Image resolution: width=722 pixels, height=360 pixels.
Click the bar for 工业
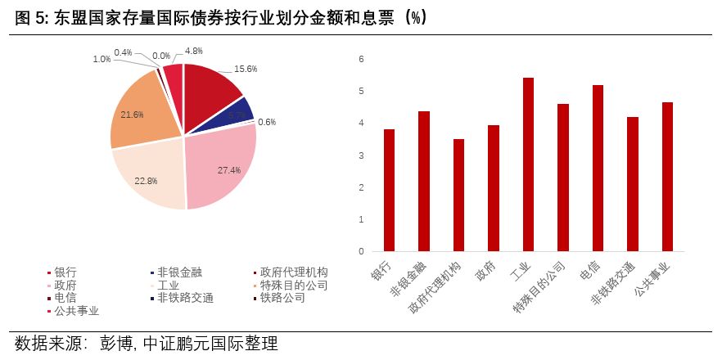click(x=528, y=164)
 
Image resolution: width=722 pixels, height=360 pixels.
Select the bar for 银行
click(x=389, y=190)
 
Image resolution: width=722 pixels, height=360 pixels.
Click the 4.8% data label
click(x=194, y=51)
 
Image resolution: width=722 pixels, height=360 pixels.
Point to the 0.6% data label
click(x=267, y=123)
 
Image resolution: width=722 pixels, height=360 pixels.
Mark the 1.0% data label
click(x=102, y=59)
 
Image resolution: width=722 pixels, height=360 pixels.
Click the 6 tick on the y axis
click(x=360, y=60)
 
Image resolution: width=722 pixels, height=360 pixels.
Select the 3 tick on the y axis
click(x=360, y=155)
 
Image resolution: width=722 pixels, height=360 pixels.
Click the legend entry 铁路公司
click(x=282, y=298)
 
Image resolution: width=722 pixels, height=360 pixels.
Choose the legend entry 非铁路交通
click(x=185, y=298)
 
